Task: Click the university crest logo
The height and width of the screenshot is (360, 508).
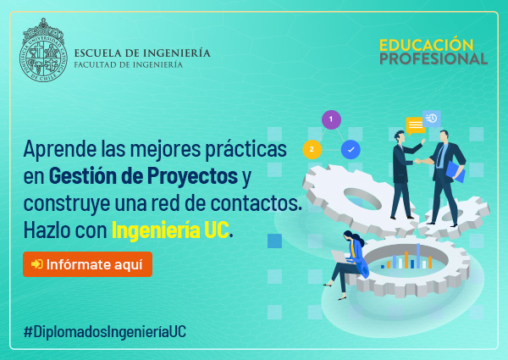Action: click(x=43, y=50)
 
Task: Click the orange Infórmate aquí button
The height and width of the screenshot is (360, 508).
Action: click(x=87, y=264)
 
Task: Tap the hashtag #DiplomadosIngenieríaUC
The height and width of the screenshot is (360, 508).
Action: click(x=105, y=332)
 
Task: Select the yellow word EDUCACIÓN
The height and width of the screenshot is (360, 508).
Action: click(x=427, y=45)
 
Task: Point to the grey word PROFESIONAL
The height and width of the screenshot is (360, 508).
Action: click(x=433, y=58)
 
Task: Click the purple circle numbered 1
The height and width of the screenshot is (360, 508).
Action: click(x=331, y=119)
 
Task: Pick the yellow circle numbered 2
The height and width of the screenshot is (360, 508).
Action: click(x=312, y=149)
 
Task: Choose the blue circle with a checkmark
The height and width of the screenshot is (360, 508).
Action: click(x=351, y=149)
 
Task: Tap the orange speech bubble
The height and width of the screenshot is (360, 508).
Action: click(x=416, y=125)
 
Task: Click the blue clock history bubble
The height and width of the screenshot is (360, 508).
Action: click(x=432, y=119)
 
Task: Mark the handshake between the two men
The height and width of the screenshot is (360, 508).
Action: click(x=418, y=161)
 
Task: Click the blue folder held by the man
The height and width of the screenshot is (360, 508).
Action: click(x=456, y=172)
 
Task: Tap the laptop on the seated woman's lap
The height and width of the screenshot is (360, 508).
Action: click(x=340, y=257)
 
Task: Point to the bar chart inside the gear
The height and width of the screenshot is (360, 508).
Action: click(x=406, y=257)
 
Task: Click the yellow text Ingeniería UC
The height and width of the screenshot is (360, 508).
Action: click(x=170, y=230)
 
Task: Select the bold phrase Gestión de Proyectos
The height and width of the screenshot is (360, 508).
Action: click(x=143, y=176)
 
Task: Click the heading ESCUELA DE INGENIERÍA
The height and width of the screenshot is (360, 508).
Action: click(x=142, y=53)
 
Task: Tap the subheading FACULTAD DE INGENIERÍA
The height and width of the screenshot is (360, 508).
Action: click(x=129, y=64)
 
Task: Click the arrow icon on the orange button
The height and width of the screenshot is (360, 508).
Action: click(x=37, y=264)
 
